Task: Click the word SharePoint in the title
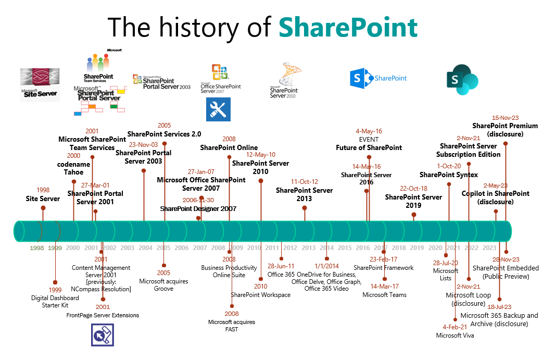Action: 348,27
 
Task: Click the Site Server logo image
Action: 40,85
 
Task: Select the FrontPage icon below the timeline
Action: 103,335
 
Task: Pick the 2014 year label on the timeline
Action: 326,248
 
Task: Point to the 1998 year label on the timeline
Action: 37,248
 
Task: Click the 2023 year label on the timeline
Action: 489,248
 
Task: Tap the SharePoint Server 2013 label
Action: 304,194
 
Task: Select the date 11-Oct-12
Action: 305,182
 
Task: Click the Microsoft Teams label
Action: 384,295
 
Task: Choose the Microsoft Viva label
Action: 455,336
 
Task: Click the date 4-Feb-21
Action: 455,327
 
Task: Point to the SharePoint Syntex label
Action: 449,175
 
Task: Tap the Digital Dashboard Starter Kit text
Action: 55,302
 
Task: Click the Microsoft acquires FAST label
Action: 232,326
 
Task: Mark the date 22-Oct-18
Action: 413,189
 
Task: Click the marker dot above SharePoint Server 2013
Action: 305,208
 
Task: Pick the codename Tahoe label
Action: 73,168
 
